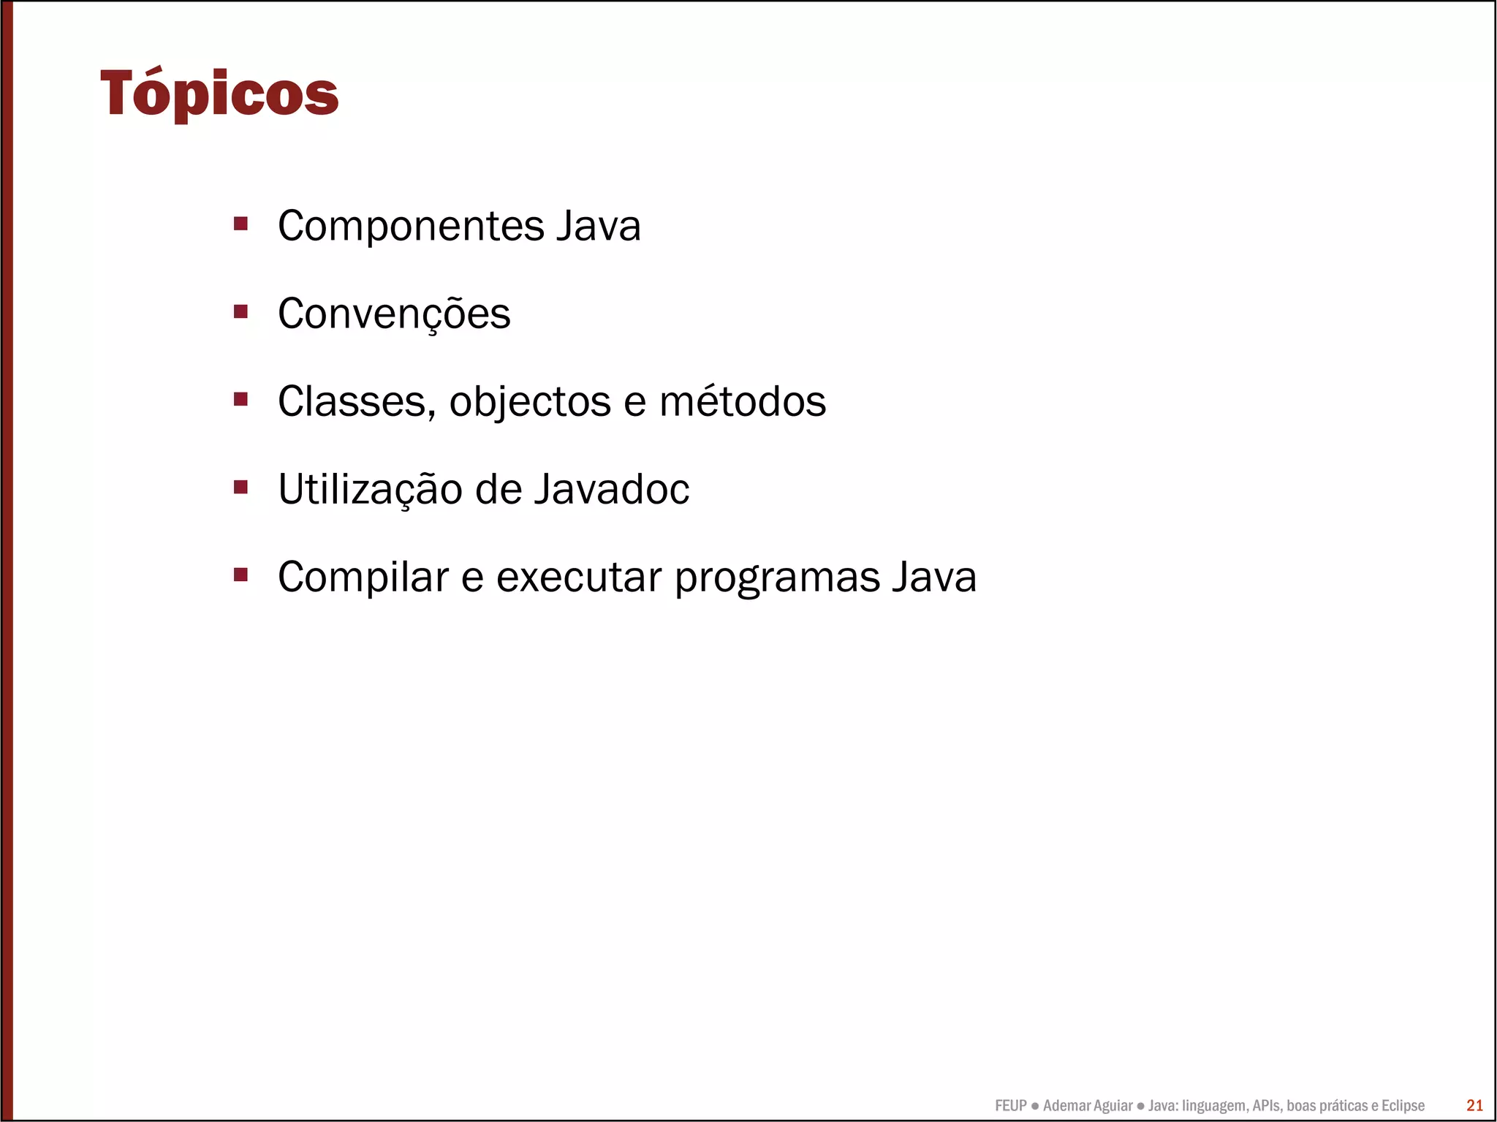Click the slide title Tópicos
tap(219, 94)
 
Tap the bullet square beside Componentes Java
tap(240, 223)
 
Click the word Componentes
tap(411, 226)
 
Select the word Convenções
tap(394, 314)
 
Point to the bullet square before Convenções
tap(240, 311)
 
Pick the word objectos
tap(530, 403)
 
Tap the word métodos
tap(743, 401)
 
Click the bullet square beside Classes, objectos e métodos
tap(240, 399)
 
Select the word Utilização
tap(370, 490)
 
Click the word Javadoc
tap(611, 489)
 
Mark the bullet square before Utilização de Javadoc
tap(240, 487)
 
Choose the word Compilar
tap(363, 577)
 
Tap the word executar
tap(578, 577)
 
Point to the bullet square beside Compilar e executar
tap(240, 575)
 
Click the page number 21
tap(1474, 1105)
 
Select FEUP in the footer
tap(1011, 1106)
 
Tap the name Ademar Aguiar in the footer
tap(1088, 1106)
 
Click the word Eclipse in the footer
tap(1403, 1106)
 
